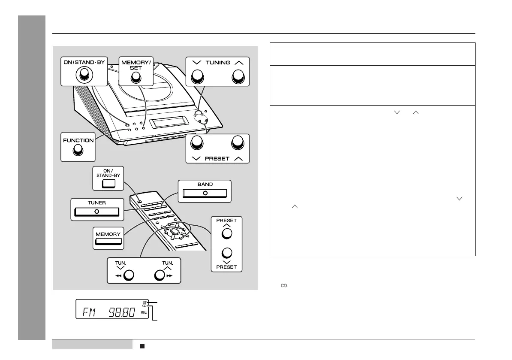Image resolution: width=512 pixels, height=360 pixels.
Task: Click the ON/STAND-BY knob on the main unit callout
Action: tap(84, 76)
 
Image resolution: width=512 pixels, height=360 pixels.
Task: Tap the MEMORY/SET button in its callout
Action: tap(136, 77)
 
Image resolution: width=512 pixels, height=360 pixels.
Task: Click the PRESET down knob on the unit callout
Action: tap(197, 143)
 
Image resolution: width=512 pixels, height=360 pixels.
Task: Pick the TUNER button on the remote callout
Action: tap(96, 212)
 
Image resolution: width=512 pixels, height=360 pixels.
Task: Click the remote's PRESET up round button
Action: tap(227, 233)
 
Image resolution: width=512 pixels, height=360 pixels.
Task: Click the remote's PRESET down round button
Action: tap(227, 253)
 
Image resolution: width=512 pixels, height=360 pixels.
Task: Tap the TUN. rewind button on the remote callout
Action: tap(128, 275)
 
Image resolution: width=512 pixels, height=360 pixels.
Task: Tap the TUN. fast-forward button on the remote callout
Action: tap(160, 275)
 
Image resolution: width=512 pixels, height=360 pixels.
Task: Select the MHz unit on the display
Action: tap(144, 313)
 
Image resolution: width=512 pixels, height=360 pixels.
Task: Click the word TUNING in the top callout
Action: tap(218, 63)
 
